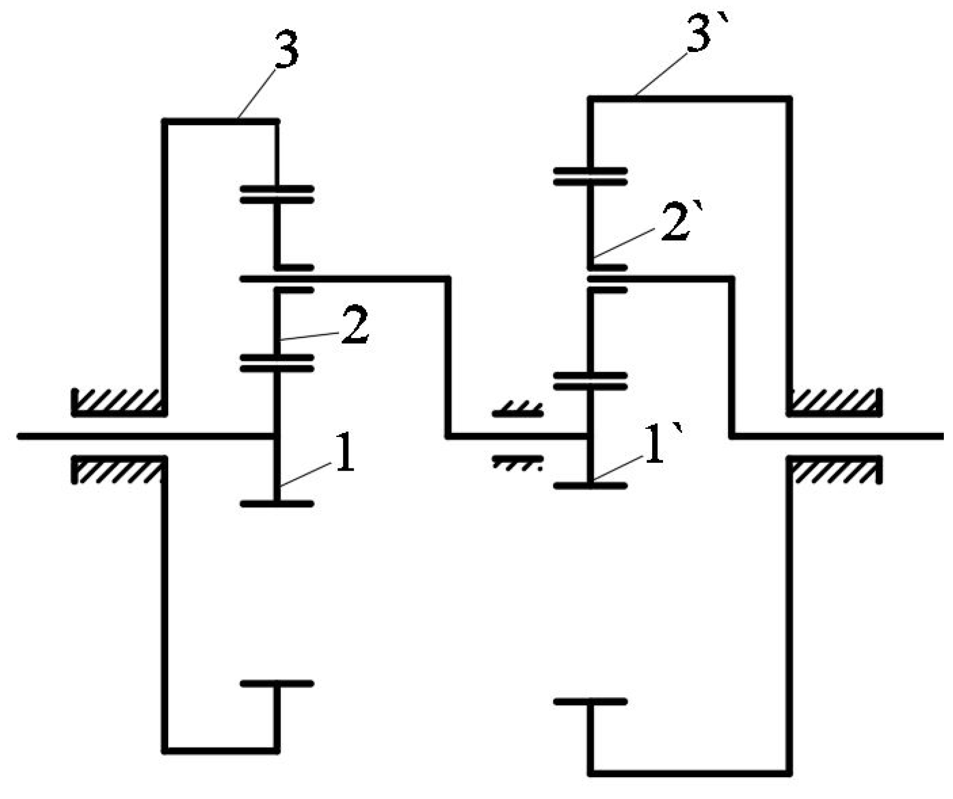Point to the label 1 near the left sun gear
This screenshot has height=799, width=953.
coord(344,453)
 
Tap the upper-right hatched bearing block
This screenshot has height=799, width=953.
coord(834,402)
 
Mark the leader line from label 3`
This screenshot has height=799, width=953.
coord(661,74)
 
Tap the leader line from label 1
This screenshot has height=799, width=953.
coord(306,474)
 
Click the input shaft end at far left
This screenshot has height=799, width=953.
coord(23,436)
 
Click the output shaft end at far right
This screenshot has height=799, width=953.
coord(938,436)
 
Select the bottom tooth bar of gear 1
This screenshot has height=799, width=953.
coord(277,504)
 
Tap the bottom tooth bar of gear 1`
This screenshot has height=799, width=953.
coord(591,486)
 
